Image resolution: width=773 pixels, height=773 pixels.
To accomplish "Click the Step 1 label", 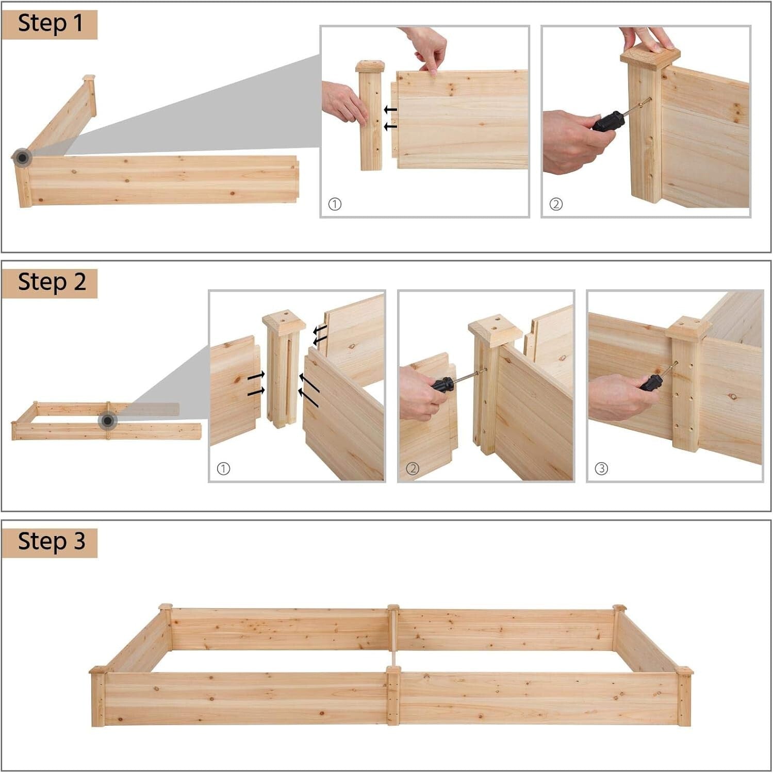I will pos(50,24).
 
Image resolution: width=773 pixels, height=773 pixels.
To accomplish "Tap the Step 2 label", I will pos(50,283).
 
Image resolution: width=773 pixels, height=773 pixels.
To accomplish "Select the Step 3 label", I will pos(50,542).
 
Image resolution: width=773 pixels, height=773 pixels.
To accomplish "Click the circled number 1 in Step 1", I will pos(335,205).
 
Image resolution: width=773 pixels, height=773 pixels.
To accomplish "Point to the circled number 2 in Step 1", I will pos(555,205).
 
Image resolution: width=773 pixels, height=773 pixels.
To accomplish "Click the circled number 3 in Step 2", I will pos(601,469).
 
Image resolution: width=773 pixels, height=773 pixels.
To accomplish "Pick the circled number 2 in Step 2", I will pos(412,469).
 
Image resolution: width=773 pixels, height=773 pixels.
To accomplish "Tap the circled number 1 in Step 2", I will pos(223,469).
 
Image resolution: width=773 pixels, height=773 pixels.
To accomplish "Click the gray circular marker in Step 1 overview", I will pos(22,158).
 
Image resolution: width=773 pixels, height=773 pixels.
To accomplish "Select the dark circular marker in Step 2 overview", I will pos(107,421).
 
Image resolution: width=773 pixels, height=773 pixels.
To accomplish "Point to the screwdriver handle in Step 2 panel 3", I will pos(651,382).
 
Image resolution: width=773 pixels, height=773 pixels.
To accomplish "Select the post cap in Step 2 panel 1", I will pos(284,320).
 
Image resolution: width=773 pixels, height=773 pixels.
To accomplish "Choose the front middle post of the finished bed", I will pos(393,696).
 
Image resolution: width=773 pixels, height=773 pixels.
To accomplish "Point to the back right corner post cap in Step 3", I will pos(619,608).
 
